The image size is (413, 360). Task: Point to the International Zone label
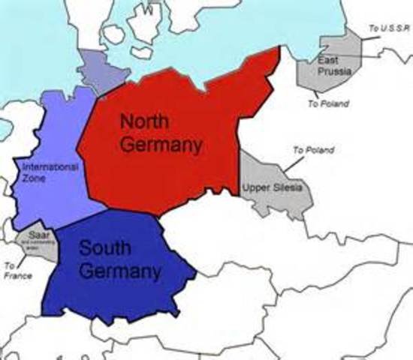[50, 172]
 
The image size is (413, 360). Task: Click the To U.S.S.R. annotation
[387, 28]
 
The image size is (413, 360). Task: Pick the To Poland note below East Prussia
[327, 104]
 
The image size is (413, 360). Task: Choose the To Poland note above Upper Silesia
[313, 150]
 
